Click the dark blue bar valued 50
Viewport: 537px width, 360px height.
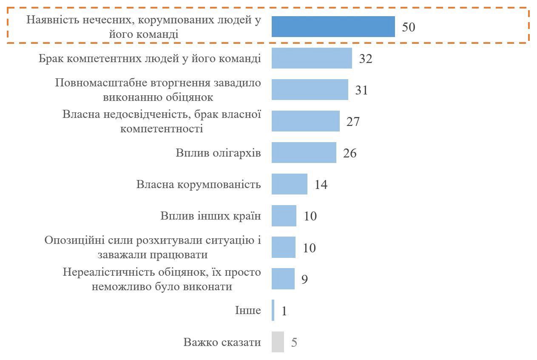pos(333,27)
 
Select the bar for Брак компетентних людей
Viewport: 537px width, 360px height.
pos(312,58)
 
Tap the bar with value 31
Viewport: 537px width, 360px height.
pos(310,90)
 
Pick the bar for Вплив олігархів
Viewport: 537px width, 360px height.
pos(304,153)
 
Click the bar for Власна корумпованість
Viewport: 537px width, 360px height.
pos(289,184)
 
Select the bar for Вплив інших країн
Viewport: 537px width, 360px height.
pos(284,216)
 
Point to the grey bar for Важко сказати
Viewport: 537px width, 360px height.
pos(278,342)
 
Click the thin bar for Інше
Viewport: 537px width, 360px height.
pos(273,311)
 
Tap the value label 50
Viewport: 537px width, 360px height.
pos(408,27)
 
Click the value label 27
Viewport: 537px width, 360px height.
pos(353,122)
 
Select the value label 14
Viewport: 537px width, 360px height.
pos(321,185)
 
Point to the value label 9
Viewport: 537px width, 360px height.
pos(304,279)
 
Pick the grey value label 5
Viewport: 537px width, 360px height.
pos(294,343)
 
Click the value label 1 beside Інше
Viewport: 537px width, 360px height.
pos(284,311)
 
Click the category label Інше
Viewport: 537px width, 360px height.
pos(248,310)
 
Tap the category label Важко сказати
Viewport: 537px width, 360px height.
pos(222,342)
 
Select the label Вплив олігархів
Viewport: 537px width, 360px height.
pos(218,153)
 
